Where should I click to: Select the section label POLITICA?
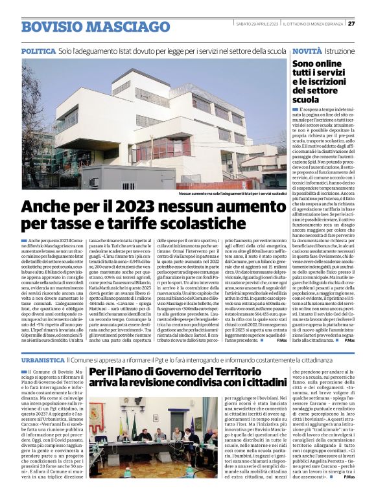38,51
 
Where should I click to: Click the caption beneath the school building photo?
233,192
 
